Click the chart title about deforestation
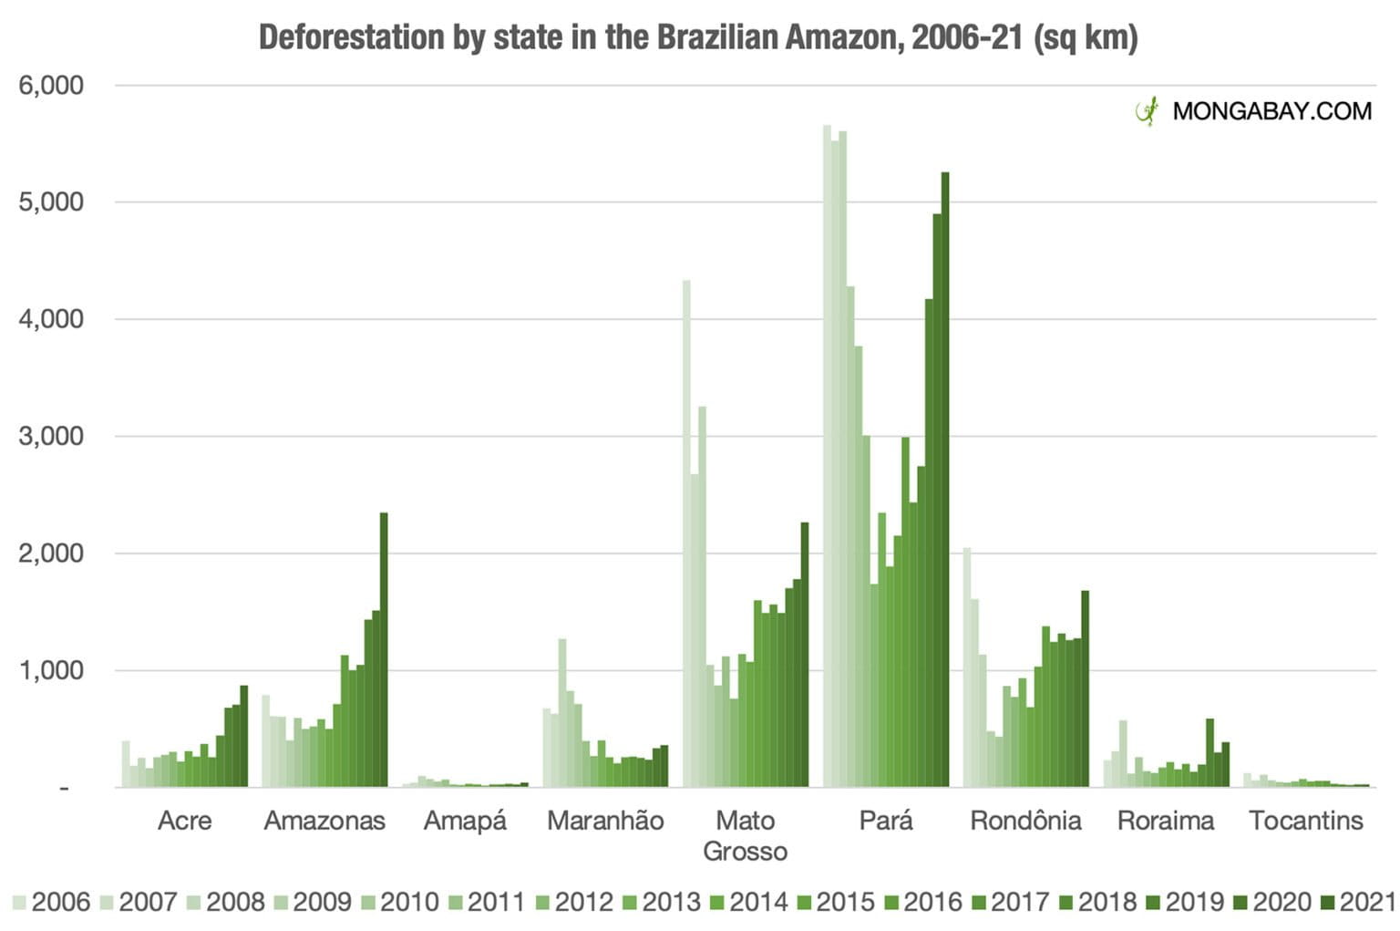(698, 38)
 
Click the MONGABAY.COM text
(1271, 111)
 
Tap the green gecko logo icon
(1147, 110)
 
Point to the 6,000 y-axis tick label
(51, 86)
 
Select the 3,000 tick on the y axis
(51, 436)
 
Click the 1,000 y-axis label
(51, 670)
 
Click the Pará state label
(885, 821)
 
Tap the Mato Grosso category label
(745, 835)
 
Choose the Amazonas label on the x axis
(324, 821)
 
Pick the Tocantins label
(1305, 821)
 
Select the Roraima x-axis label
(1166, 821)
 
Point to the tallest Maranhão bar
(562, 712)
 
